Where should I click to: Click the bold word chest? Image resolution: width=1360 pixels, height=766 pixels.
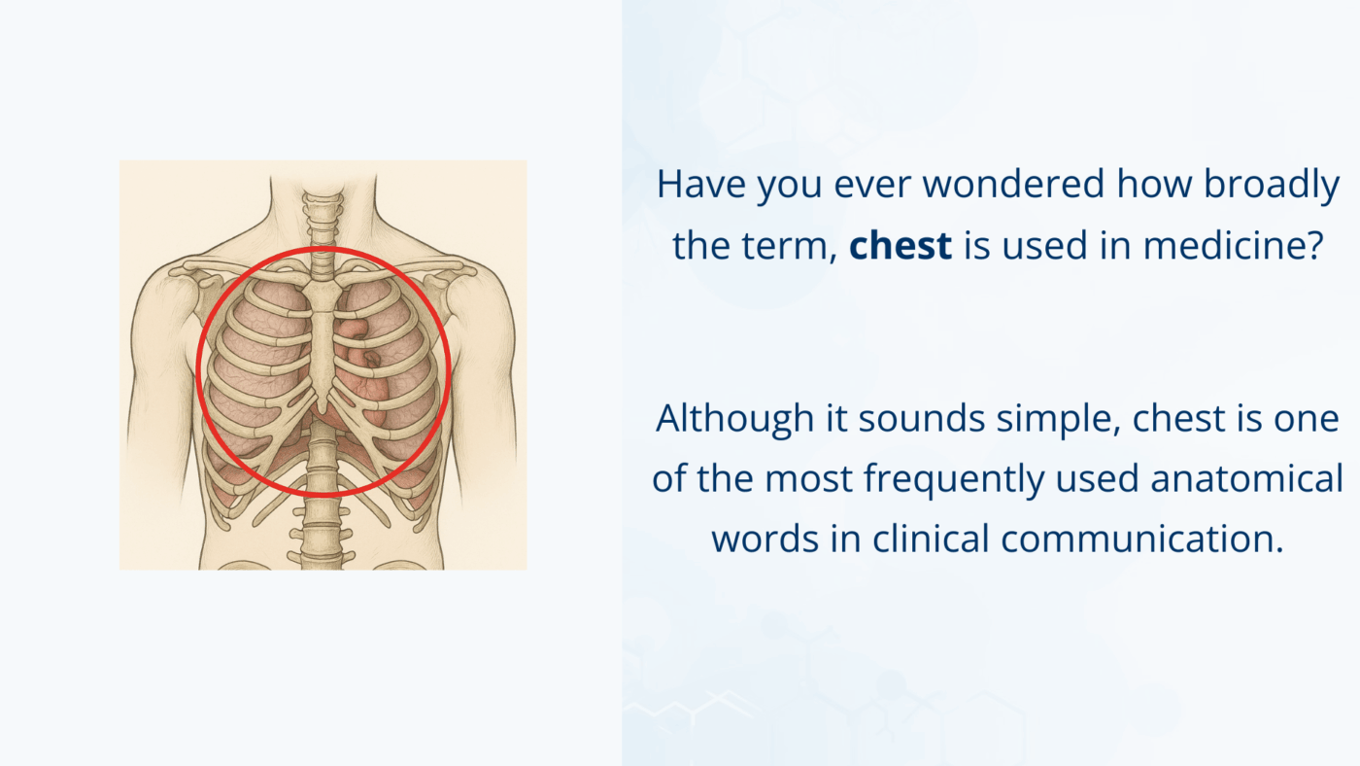point(900,246)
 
